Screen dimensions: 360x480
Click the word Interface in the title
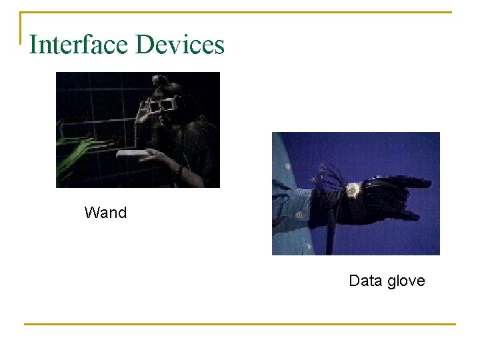(79, 45)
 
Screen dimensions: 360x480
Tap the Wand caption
(105, 213)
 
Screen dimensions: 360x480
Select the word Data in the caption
(365, 281)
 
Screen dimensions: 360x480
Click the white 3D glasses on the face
(163, 105)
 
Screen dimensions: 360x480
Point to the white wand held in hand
(133, 153)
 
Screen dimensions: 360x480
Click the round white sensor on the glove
(351, 190)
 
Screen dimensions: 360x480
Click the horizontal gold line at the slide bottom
(240, 325)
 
